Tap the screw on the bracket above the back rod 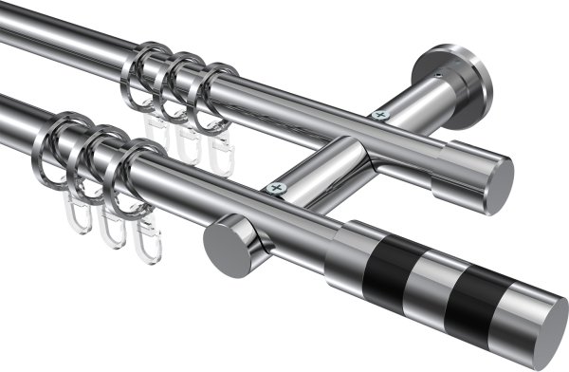point(380,115)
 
